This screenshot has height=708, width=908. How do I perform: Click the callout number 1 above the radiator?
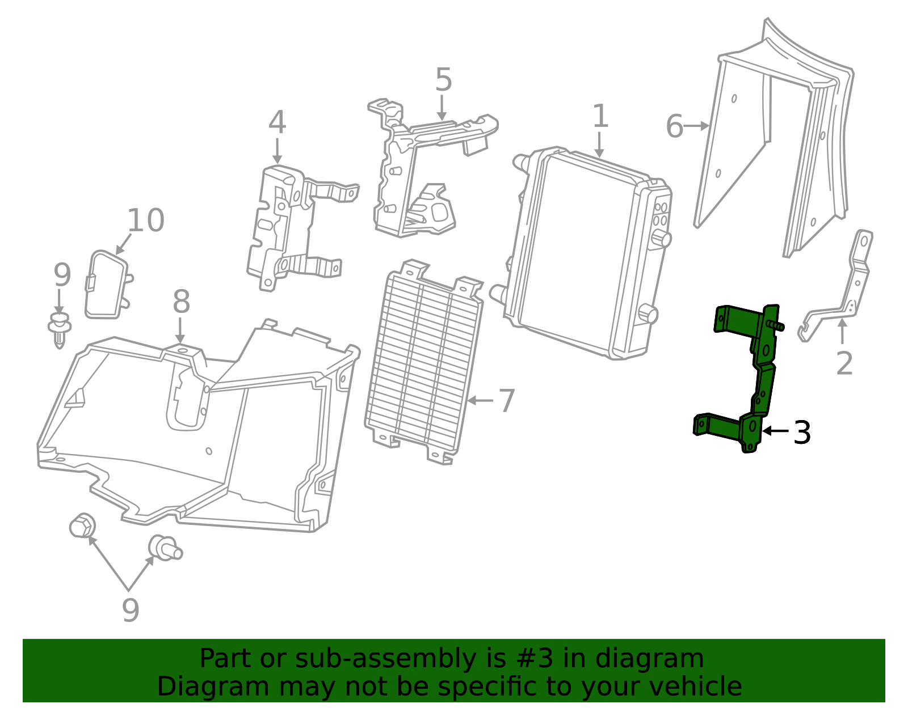(600, 116)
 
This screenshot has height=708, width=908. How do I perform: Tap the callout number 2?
(844, 363)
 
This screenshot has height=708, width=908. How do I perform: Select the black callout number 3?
(802, 433)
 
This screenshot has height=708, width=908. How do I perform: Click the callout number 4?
(277, 122)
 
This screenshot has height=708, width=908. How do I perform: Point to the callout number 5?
(443, 79)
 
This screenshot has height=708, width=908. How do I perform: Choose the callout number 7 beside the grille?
(507, 401)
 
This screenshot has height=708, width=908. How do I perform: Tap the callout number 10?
(146, 220)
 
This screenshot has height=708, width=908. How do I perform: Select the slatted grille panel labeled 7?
(424, 362)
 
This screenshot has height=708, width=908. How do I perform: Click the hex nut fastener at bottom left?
(82, 525)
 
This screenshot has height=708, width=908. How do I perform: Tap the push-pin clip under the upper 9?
(60, 329)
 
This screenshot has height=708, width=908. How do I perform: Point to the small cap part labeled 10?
(108, 285)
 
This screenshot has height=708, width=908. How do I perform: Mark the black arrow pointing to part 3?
(776, 431)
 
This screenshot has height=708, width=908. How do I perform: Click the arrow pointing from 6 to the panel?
(696, 126)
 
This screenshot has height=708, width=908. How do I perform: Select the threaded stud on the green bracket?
(776, 325)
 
